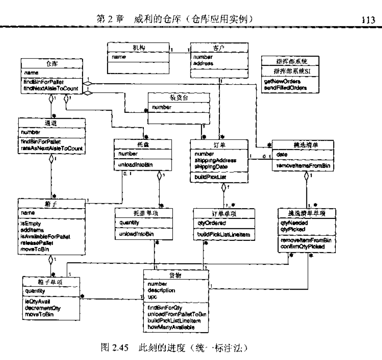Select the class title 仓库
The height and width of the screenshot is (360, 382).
click(50, 64)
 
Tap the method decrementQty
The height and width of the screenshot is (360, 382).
click(43, 308)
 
